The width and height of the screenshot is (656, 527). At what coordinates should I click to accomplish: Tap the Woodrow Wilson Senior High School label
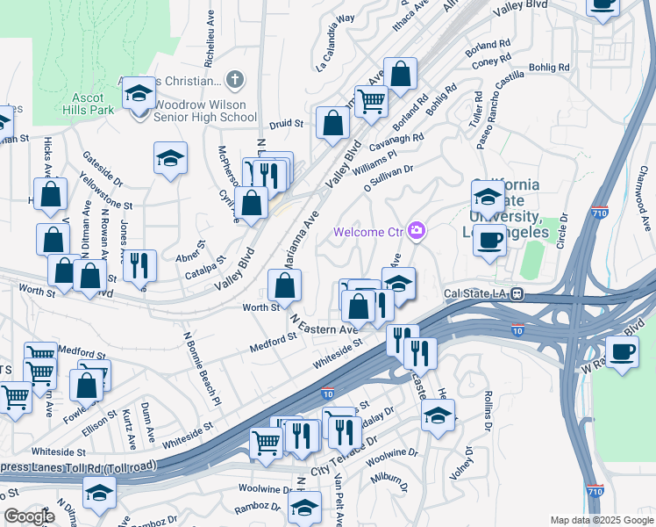[x=205, y=111]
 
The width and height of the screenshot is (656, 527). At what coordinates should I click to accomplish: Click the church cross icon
[x=233, y=81]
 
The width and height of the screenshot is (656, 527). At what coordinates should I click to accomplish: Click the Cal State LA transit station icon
[x=517, y=295]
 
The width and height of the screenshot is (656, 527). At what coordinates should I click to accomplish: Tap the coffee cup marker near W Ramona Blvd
[x=623, y=352]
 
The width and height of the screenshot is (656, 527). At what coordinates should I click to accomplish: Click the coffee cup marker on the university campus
[x=489, y=239]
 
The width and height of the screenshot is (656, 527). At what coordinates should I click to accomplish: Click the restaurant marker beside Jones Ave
[x=139, y=263]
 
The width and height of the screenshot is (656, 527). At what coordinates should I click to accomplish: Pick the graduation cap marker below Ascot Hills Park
[x=170, y=158]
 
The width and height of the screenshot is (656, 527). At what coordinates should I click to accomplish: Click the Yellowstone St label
[x=105, y=193]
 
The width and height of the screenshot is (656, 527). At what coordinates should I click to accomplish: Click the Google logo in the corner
[x=29, y=516]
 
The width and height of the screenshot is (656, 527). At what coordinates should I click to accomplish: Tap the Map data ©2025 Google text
[x=601, y=520]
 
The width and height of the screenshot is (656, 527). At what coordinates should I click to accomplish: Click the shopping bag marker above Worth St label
[x=284, y=285]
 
